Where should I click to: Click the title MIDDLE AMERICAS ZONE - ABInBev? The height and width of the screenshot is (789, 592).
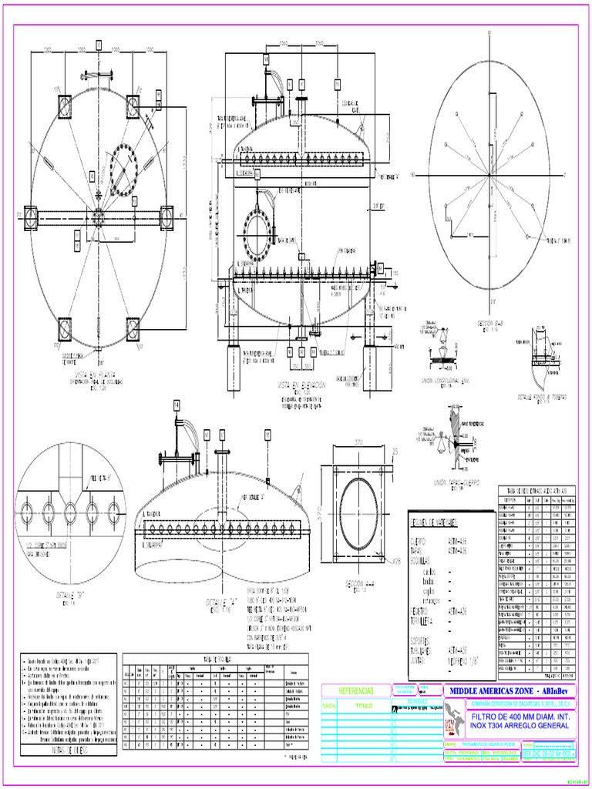[x=509, y=690]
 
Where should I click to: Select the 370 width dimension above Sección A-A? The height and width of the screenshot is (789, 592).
[x=359, y=442]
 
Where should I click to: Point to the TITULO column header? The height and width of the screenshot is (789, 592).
[x=362, y=705]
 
